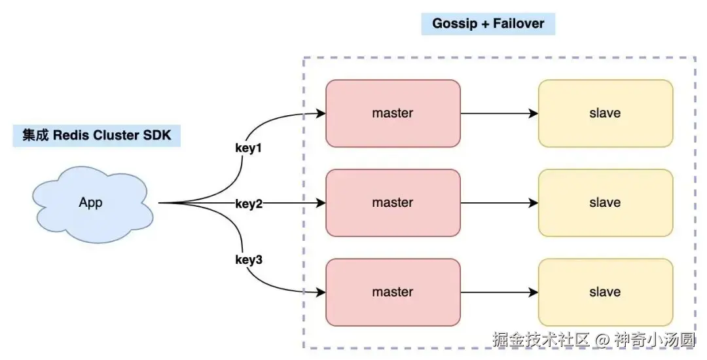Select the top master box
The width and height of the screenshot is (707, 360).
coord(393,113)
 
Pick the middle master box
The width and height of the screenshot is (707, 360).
coord(393,203)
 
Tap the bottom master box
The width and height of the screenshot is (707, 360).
coord(393,292)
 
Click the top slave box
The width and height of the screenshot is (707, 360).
coord(605,113)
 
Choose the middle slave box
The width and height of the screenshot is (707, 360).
coord(605,203)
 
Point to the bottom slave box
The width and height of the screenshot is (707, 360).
coord(605,292)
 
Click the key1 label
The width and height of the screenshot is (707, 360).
coord(248,148)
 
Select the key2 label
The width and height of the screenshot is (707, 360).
coord(249,204)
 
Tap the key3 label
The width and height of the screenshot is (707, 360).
coord(249,260)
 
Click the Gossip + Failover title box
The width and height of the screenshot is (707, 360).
coord(488,24)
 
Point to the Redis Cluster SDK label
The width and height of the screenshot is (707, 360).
coord(97,135)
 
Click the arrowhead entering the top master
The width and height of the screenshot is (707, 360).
coord(321,113)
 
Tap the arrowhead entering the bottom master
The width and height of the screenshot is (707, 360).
coord(321,292)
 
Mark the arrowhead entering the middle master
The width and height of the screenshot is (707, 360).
coord(321,203)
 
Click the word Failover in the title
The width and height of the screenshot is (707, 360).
coord(518,24)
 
